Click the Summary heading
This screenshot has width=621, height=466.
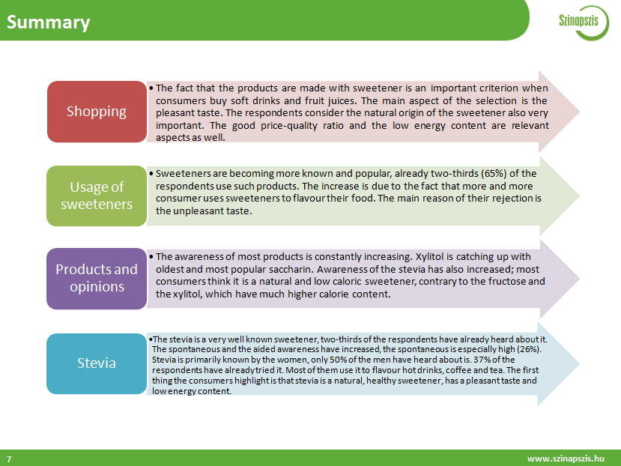click(49, 22)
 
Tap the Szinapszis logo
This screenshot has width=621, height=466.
click(583, 22)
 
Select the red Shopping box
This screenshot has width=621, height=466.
click(97, 112)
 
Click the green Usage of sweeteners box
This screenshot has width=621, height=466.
click(97, 196)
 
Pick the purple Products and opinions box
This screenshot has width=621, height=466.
click(97, 278)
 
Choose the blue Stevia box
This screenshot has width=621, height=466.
click(97, 363)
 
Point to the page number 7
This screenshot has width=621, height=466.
click(9, 459)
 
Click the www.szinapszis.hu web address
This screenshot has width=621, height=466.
click(566, 459)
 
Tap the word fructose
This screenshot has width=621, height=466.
click(506, 282)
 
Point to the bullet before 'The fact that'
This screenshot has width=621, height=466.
click(151, 88)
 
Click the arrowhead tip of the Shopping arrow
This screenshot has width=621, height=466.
click(579, 112)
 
